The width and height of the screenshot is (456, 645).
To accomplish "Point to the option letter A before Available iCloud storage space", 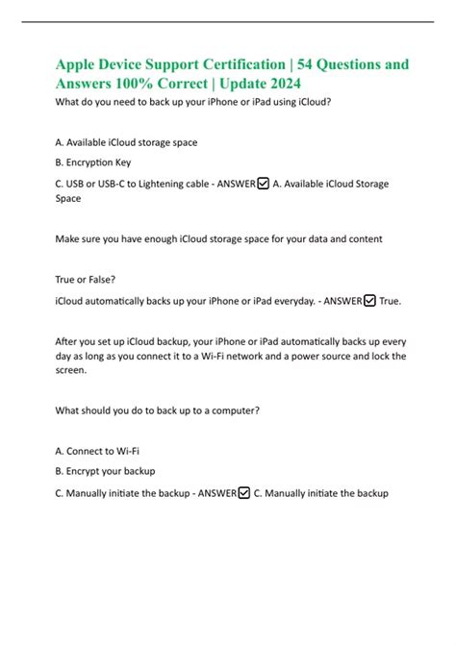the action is (60, 142).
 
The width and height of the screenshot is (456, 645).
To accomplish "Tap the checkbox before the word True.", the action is (370, 301).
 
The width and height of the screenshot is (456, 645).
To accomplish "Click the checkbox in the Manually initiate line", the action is (243, 493).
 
